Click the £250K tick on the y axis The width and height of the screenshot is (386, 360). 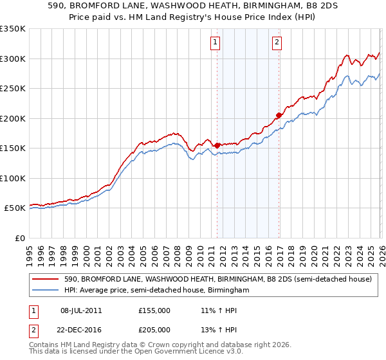pos(13,88)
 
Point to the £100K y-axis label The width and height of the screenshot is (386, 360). pos(13,178)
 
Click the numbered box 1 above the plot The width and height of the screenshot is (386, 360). pos(214,42)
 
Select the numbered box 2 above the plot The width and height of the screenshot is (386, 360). pos(277,42)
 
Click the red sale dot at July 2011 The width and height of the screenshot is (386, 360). pos(217,145)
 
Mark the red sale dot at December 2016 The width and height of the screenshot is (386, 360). pos(279,116)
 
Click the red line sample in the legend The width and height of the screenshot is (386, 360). pos(46,280)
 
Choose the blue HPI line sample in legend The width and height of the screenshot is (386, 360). pos(46,291)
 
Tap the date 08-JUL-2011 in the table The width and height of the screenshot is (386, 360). pos(81,310)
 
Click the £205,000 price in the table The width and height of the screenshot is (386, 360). pos(154,329)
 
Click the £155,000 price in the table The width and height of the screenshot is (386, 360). pos(154,310)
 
